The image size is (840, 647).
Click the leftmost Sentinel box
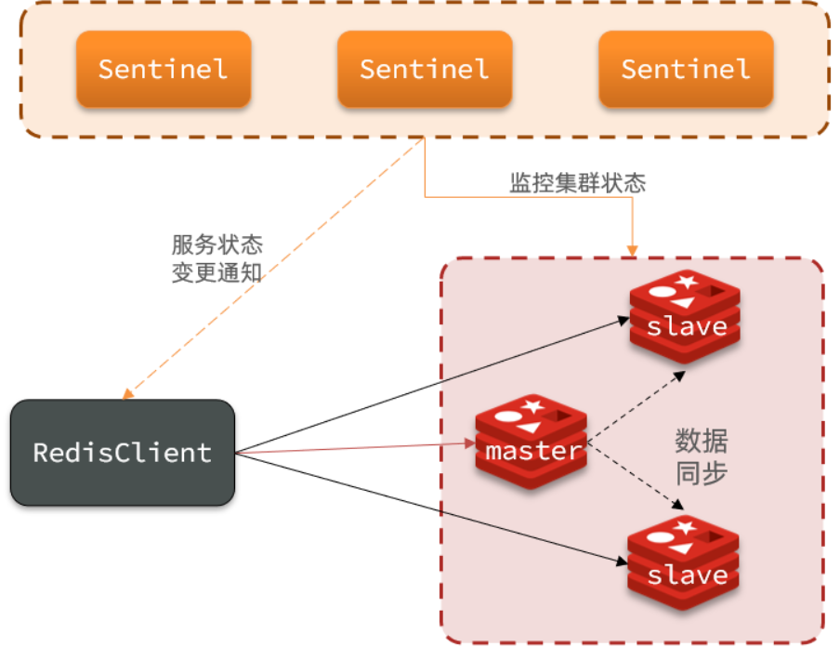click(163, 69)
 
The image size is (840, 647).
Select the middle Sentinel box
click(425, 69)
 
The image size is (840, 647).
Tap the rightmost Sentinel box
click(686, 69)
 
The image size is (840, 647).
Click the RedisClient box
click(122, 453)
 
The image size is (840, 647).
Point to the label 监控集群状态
click(577, 183)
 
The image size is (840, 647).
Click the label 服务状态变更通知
click(217, 258)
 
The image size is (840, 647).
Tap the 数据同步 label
click(701, 456)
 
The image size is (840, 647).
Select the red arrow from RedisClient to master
click(353, 449)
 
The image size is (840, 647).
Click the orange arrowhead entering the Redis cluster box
click(633, 249)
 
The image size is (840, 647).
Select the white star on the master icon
click(533, 404)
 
